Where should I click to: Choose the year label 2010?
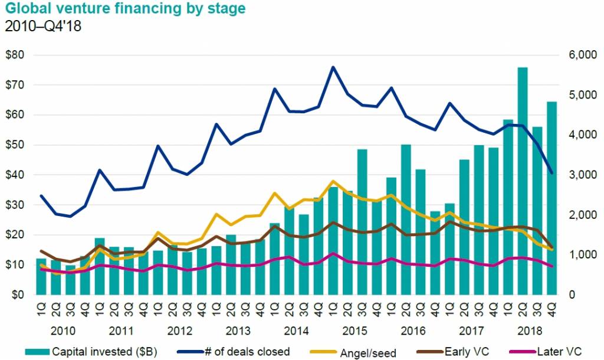pyautogui.click(x=63, y=329)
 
